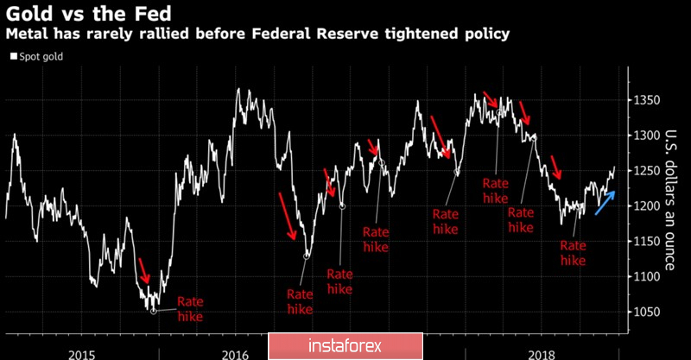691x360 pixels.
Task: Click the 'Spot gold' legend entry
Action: pos(39,57)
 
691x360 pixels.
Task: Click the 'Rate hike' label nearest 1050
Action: pos(190,309)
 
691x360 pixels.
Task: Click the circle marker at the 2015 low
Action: pos(154,309)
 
